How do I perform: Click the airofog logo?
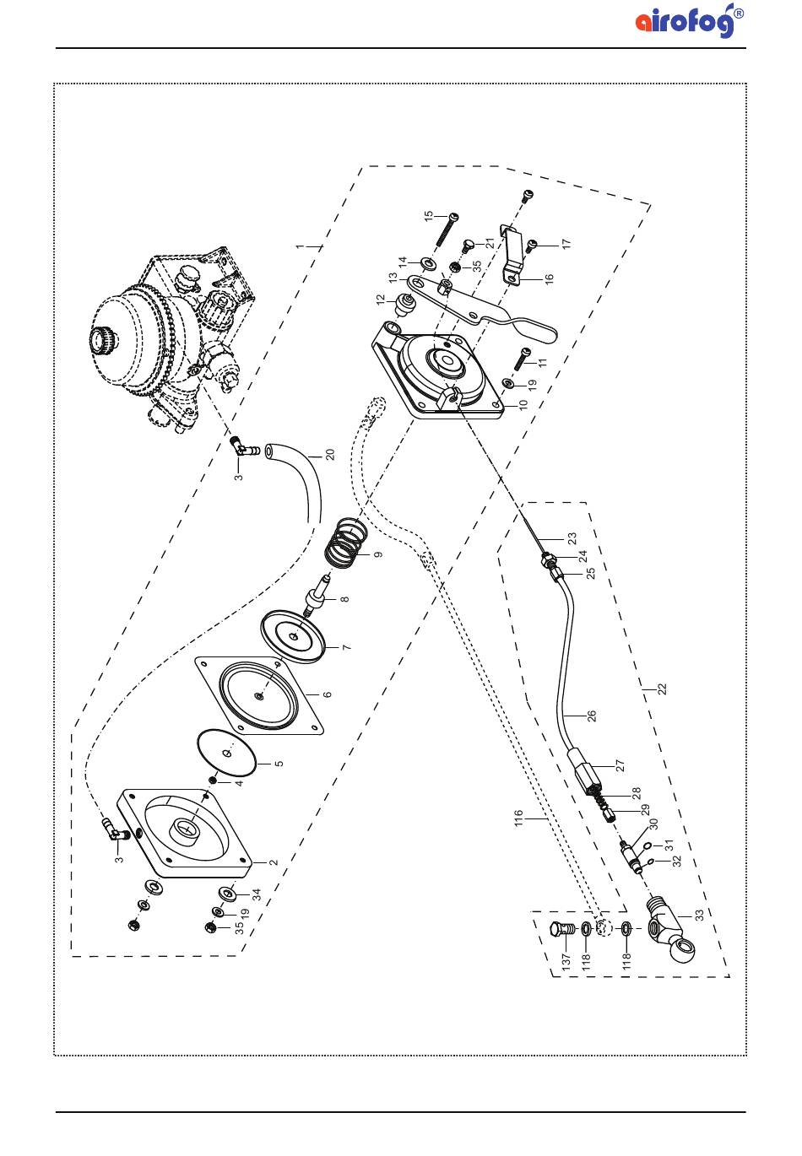[x=690, y=20]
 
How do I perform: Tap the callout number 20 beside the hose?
[x=330, y=455]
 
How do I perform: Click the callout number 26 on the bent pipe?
[x=592, y=716]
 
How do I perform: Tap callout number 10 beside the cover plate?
[x=523, y=404]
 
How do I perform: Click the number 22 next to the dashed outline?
[x=663, y=689]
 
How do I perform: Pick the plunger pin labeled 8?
[x=317, y=592]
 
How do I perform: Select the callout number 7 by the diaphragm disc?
[x=346, y=647]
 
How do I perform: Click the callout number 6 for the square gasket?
[x=328, y=694]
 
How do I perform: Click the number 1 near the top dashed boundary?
[x=301, y=246]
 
